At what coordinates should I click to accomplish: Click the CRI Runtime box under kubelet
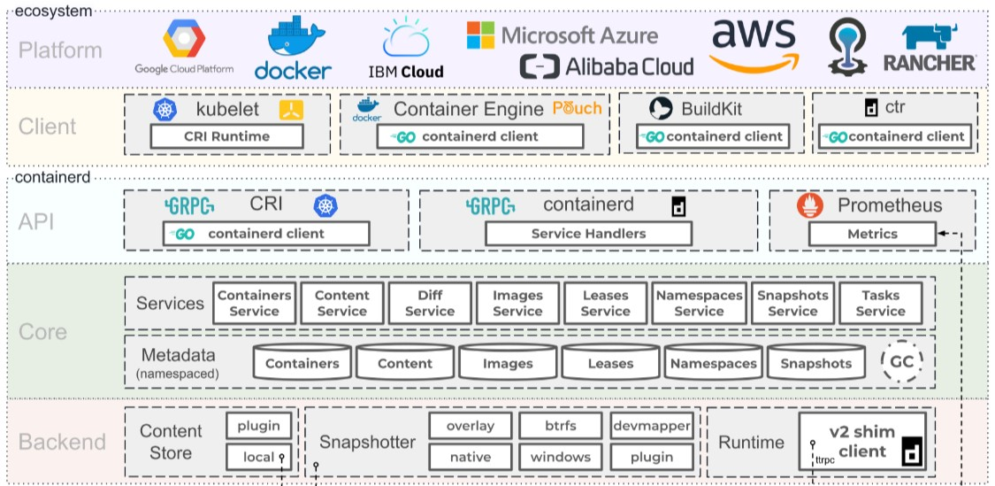(x=227, y=136)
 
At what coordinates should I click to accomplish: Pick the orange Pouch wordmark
(x=577, y=109)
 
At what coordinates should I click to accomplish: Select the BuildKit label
(x=711, y=109)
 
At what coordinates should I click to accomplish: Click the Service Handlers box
(x=588, y=234)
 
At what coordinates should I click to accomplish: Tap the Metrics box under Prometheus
(x=872, y=234)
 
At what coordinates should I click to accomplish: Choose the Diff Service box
(x=430, y=303)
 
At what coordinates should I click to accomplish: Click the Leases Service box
(x=606, y=303)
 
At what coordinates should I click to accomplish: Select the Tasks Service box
(x=880, y=303)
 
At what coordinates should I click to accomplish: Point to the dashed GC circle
(x=901, y=361)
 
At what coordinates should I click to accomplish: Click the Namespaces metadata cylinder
(x=713, y=362)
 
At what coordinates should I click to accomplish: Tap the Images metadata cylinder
(x=508, y=362)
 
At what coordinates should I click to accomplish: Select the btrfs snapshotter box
(x=560, y=426)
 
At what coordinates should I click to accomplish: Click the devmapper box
(x=651, y=426)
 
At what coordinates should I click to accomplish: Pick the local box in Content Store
(x=258, y=457)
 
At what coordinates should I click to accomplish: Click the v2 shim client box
(x=862, y=442)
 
